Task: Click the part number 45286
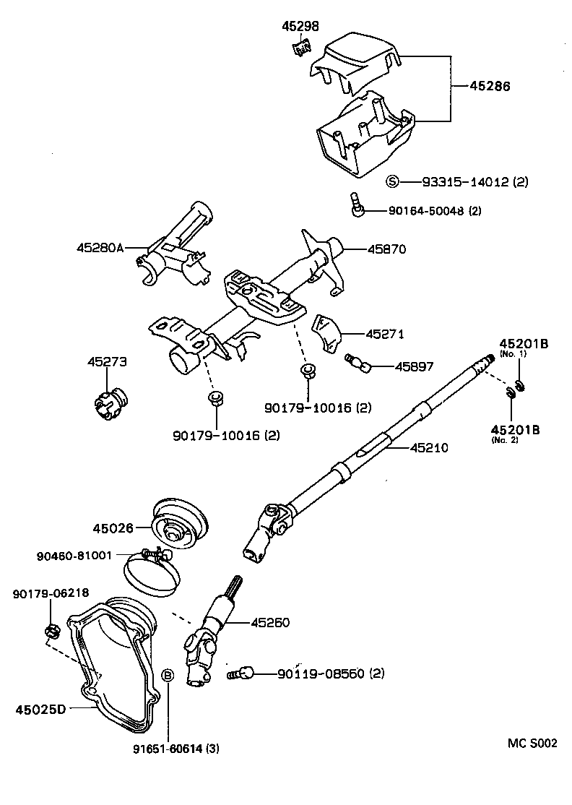coord(490,85)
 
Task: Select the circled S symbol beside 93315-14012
coord(392,181)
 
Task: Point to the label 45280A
coord(100,248)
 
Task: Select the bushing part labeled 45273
coord(110,400)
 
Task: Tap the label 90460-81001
coord(74,556)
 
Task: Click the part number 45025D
coord(41,709)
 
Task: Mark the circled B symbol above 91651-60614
coord(167,675)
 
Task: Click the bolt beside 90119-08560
coord(241,673)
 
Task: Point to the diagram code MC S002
coord(532,743)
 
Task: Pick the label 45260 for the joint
coord(270,622)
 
